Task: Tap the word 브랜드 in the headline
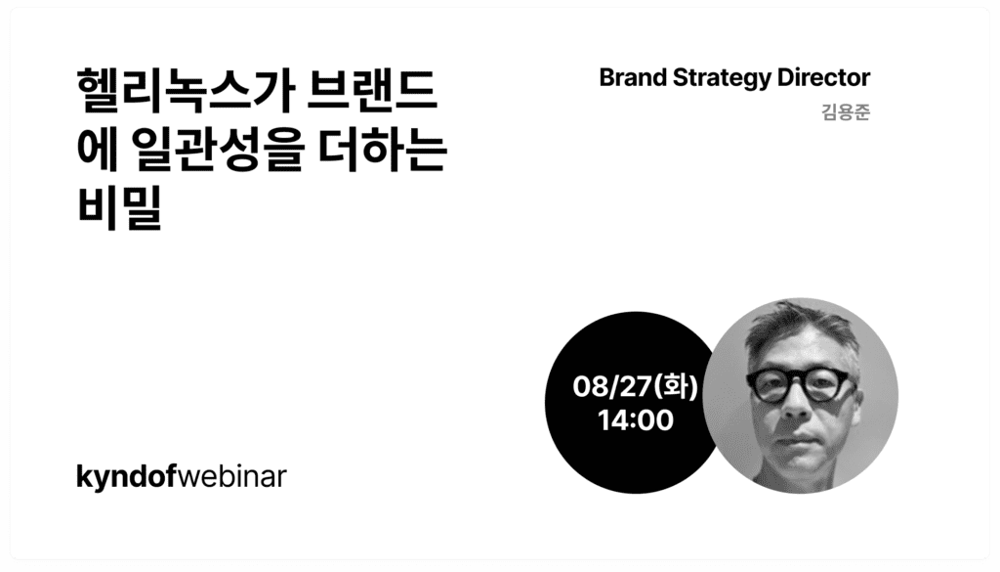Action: pyautogui.click(x=372, y=91)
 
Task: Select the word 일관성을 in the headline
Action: pyautogui.click(x=216, y=150)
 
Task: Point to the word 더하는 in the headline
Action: pyautogui.click(x=383, y=150)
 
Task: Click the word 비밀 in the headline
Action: pyautogui.click(x=118, y=207)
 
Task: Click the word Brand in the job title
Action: pyautogui.click(x=633, y=78)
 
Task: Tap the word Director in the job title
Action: pyautogui.click(x=814, y=78)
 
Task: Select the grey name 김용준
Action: pyautogui.click(x=846, y=112)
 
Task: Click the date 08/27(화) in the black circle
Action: pyautogui.click(x=635, y=387)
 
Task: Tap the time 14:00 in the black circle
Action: pyautogui.click(x=635, y=420)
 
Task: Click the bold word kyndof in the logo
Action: pyautogui.click(x=125, y=477)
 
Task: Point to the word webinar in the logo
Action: pyautogui.click(x=230, y=476)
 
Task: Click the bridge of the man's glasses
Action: pyautogui.click(x=797, y=381)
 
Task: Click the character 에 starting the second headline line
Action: pyautogui.click(x=98, y=150)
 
